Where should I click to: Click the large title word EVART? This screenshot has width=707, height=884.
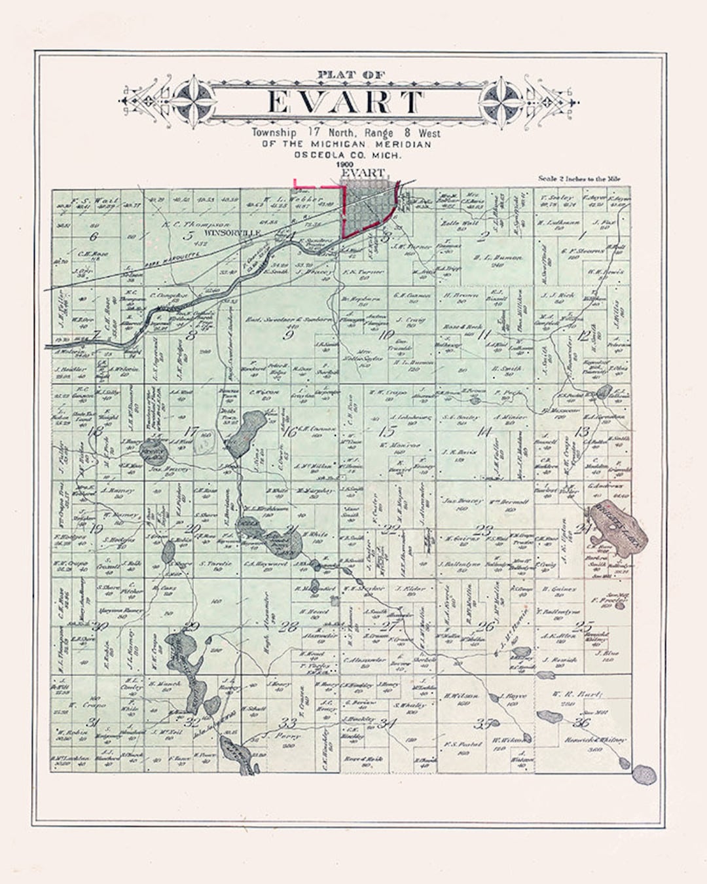point(346,102)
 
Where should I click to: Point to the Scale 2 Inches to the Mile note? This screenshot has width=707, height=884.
point(579,178)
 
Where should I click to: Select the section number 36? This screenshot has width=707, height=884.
point(580,722)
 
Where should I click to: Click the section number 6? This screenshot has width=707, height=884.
point(95,236)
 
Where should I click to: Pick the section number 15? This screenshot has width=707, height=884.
point(388,431)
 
